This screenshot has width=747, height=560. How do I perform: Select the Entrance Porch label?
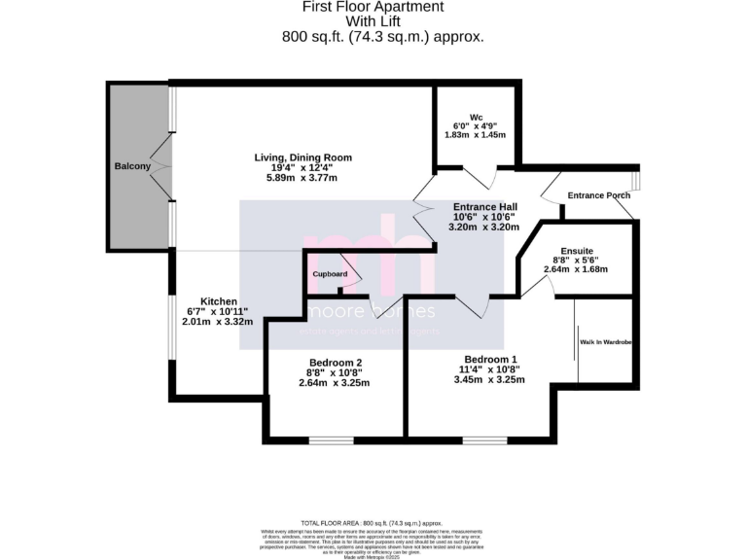point(599,195)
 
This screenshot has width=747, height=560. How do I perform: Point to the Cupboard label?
point(330,275)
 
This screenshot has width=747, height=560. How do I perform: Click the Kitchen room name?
point(220,301)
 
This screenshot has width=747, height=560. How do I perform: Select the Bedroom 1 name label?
point(491,357)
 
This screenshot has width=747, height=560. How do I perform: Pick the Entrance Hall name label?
point(485,207)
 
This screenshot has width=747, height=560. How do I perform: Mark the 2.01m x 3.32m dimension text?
point(220,321)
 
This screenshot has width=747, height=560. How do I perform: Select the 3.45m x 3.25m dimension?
point(491,379)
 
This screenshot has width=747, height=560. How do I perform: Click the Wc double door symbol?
point(477,177)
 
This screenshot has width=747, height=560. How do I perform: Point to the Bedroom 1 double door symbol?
point(472,304)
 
